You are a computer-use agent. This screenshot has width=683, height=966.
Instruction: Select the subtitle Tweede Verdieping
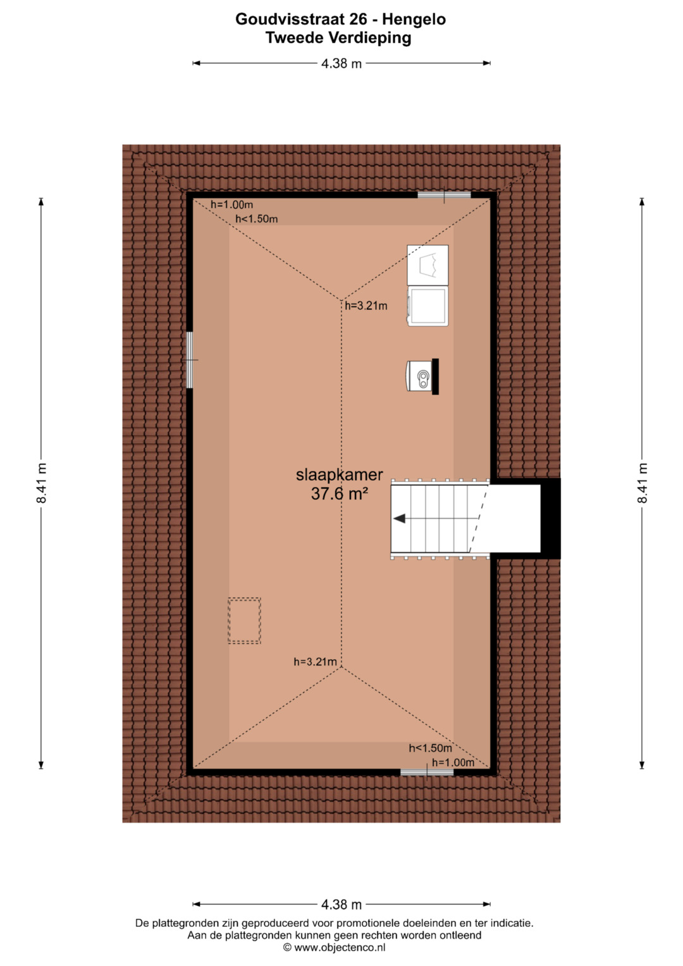[x=338, y=38]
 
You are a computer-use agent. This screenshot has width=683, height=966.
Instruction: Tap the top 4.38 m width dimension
[x=341, y=63]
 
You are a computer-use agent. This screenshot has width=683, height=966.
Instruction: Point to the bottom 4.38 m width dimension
[x=341, y=905]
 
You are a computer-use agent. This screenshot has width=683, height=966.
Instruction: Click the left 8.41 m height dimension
[x=41, y=483]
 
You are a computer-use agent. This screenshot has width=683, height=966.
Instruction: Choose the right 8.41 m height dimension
[x=642, y=483]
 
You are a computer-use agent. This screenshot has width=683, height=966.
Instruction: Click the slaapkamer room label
[x=340, y=475]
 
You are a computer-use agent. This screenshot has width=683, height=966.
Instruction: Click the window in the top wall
[x=444, y=195]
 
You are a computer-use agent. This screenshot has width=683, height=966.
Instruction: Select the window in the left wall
[x=189, y=360]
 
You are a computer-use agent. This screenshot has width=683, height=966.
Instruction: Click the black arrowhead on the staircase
[x=399, y=518]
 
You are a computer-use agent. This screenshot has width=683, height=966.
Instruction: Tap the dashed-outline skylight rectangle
[x=245, y=621]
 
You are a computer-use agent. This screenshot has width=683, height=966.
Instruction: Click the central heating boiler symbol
[x=422, y=376]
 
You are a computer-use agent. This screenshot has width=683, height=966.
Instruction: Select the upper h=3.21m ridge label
[x=366, y=306]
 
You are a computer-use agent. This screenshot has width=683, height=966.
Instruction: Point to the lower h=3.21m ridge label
[x=315, y=662]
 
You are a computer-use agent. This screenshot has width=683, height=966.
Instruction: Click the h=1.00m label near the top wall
[x=231, y=204]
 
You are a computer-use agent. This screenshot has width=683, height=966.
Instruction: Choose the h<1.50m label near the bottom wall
[x=430, y=748]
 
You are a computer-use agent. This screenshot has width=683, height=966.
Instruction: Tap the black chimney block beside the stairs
[x=551, y=518]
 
